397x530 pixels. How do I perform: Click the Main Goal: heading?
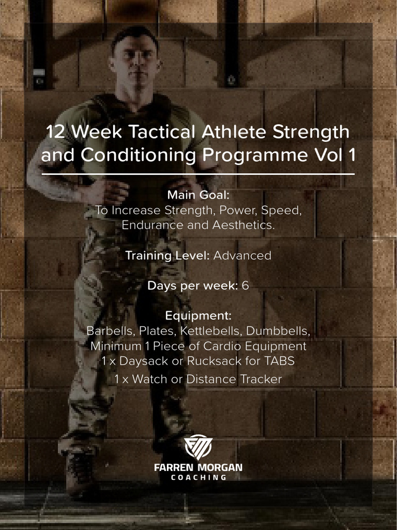point(198,195)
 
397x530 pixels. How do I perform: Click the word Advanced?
point(242,255)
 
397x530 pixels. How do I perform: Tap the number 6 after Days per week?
point(245,285)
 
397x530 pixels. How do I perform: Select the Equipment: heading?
point(198,315)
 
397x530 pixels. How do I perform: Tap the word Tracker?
point(261,379)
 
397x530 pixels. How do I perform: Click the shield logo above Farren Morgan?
point(198,447)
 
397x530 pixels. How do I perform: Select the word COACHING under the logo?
point(198,477)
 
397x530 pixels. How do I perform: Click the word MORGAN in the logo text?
point(221,467)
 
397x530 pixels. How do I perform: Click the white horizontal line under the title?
point(198,174)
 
